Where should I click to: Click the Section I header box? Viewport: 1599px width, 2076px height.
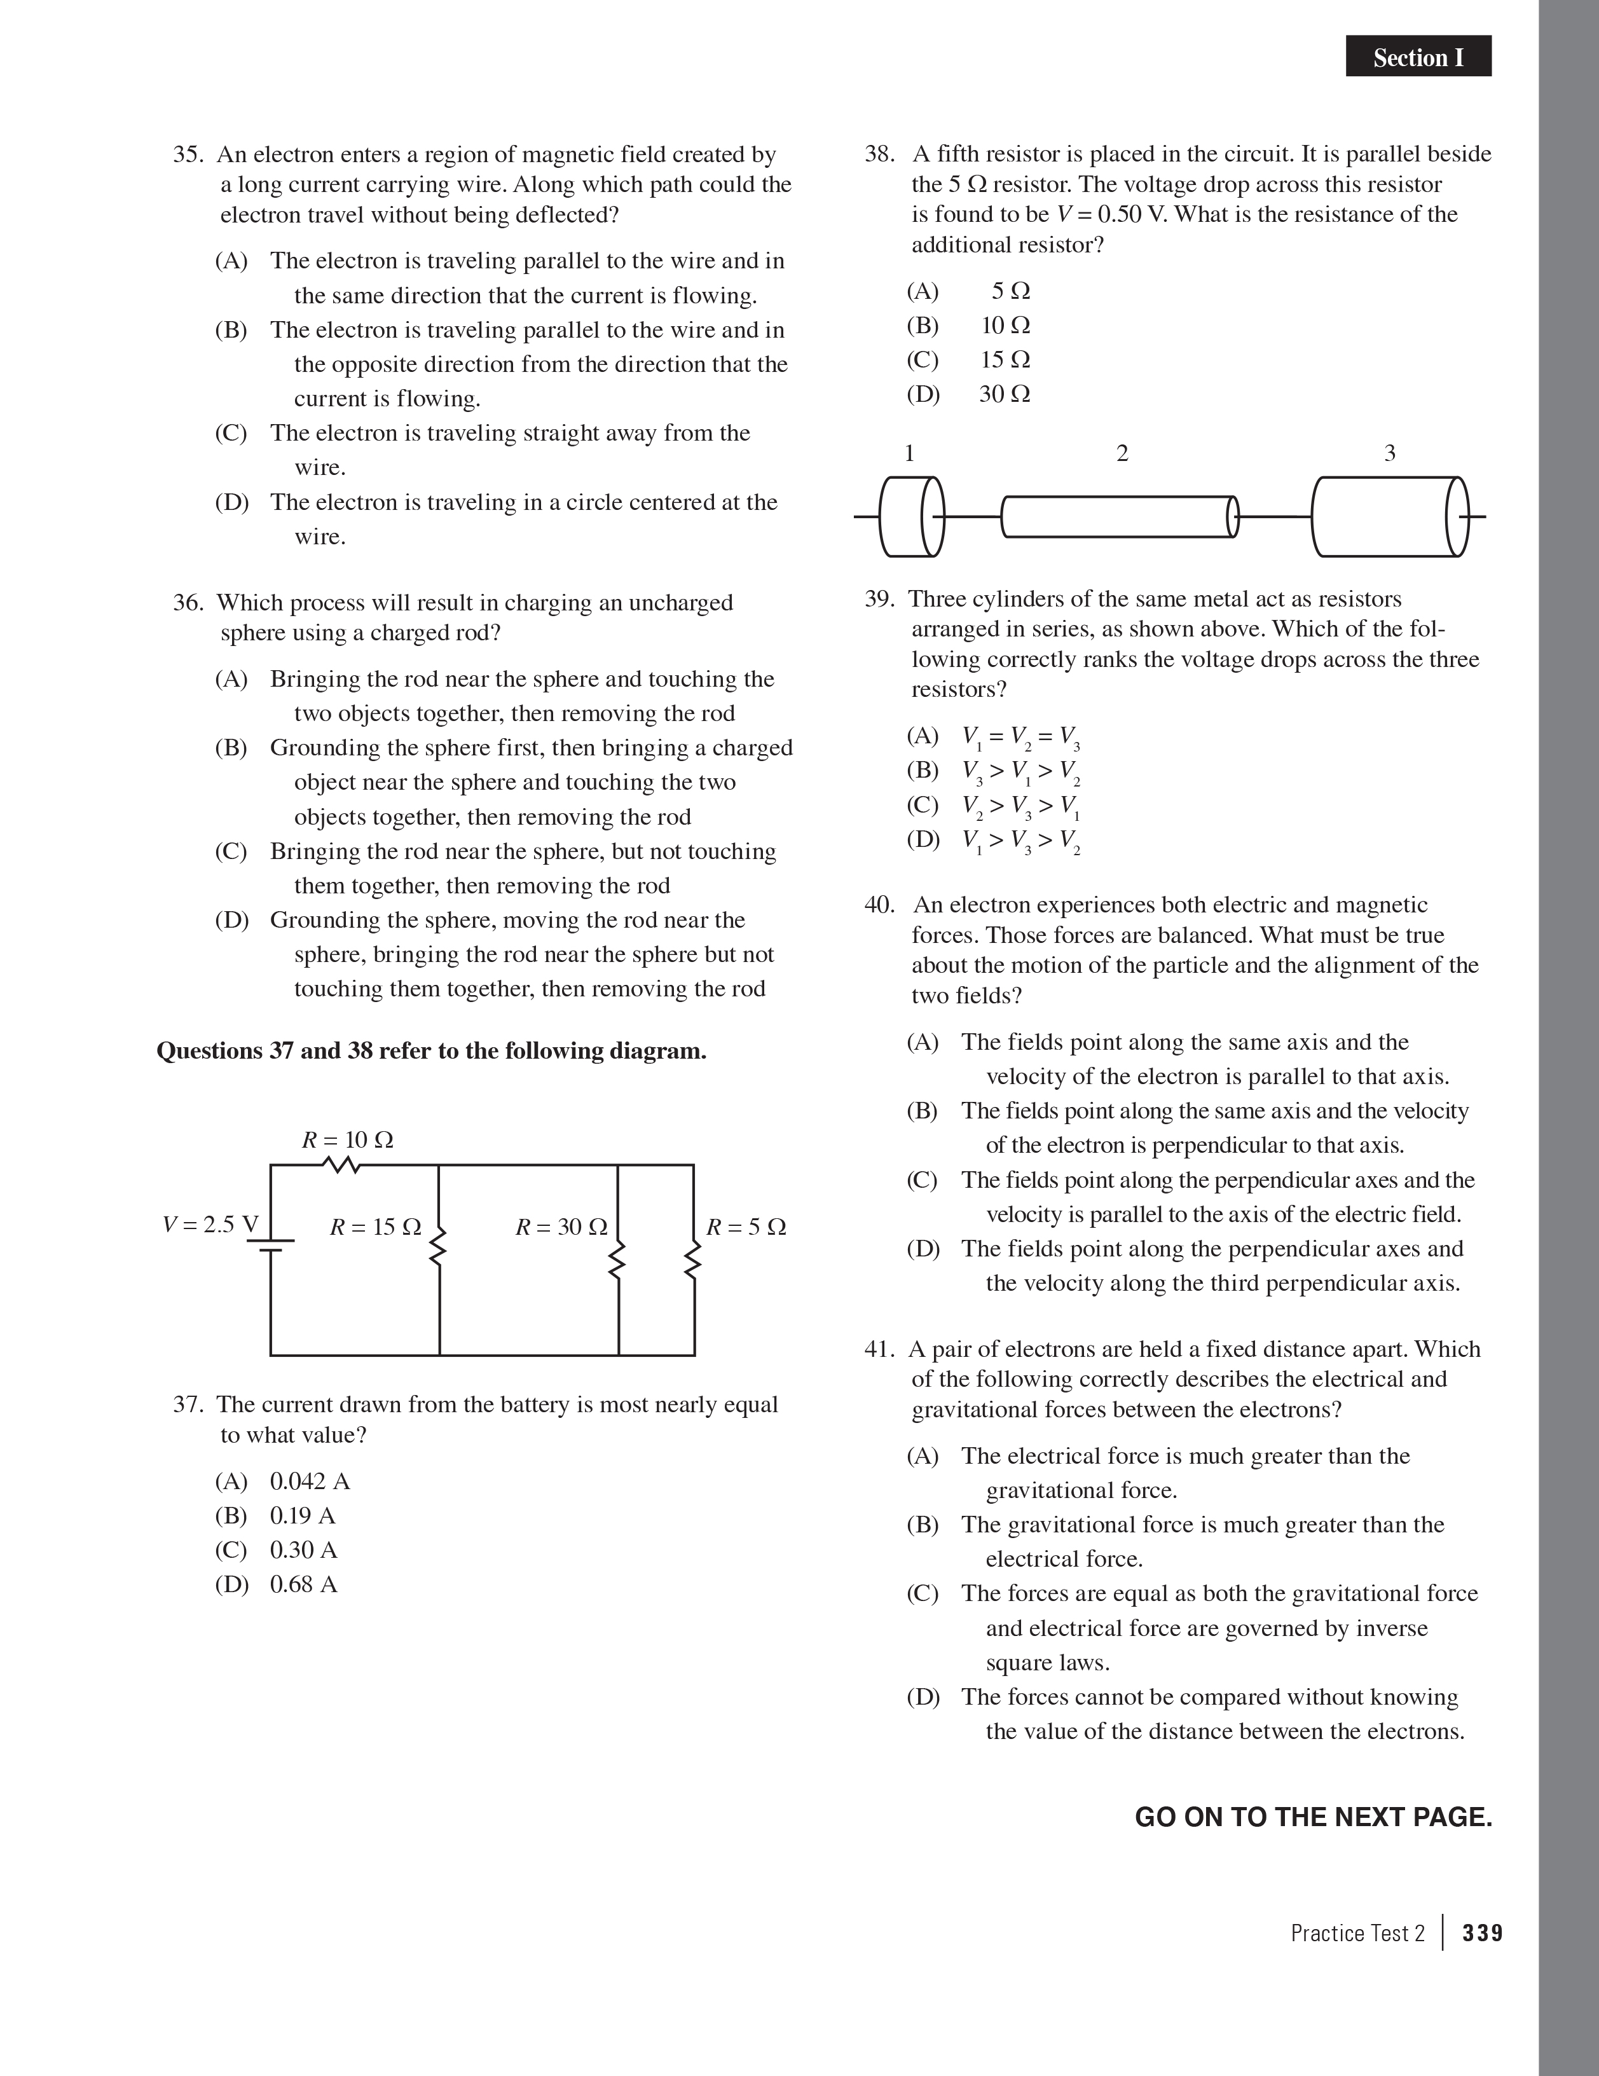pyautogui.click(x=1417, y=57)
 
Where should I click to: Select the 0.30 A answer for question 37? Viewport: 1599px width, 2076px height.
pyautogui.click(x=303, y=1550)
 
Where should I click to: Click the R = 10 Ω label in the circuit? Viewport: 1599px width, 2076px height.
pyautogui.click(x=347, y=1139)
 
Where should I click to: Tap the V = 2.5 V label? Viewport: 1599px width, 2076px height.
pyautogui.click(x=210, y=1225)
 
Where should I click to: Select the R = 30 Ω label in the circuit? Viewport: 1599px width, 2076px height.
pyautogui.click(x=561, y=1227)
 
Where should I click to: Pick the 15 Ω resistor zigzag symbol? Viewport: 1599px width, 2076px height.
pyautogui.click(x=439, y=1245)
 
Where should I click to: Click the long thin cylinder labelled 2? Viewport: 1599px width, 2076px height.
pyautogui.click(x=1120, y=517)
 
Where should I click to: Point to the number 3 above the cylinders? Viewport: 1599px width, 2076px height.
pyautogui.click(x=1389, y=453)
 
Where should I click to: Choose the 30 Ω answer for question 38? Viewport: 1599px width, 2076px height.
pyautogui.click(x=1004, y=394)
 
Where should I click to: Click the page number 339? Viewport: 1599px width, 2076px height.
pyautogui.click(x=1482, y=1932)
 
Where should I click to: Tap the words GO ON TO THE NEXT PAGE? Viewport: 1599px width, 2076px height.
pyautogui.click(x=1313, y=1817)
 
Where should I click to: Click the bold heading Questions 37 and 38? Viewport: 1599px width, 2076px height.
pyautogui.click(x=430, y=1050)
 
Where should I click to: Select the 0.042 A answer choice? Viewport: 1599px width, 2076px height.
pyautogui.click(x=310, y=1481)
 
